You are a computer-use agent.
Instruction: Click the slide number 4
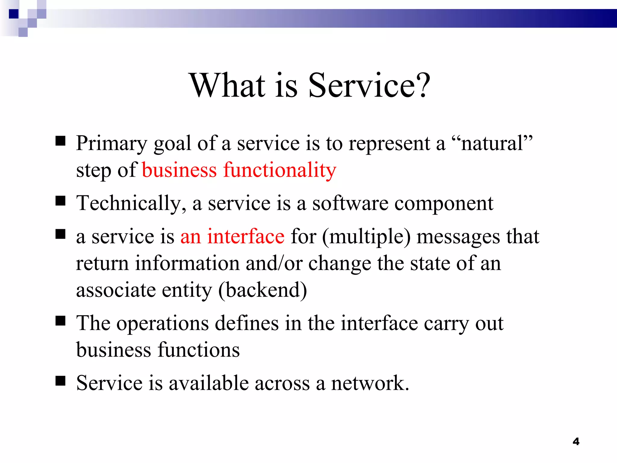(x=576, y=442)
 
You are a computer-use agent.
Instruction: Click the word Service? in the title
(x=369, y=86)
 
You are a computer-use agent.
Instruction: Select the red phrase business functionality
(x=239, y=170)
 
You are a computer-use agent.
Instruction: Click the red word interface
(x=246, y=236)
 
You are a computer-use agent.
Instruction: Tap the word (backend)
(x=262, y=290)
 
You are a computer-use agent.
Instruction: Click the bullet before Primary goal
(x=61, y=141)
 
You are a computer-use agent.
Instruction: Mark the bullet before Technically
(x=61, y=200)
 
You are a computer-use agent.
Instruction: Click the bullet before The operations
(x=61, y=321)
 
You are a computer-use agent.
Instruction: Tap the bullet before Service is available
(x=61, y=381)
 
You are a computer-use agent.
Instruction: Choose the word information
(x=187, y=263)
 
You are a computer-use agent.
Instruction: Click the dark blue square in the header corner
(x=14, y=14)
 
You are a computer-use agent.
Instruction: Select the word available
(x=208, y=383)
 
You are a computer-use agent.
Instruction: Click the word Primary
(x=111, y=143)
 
